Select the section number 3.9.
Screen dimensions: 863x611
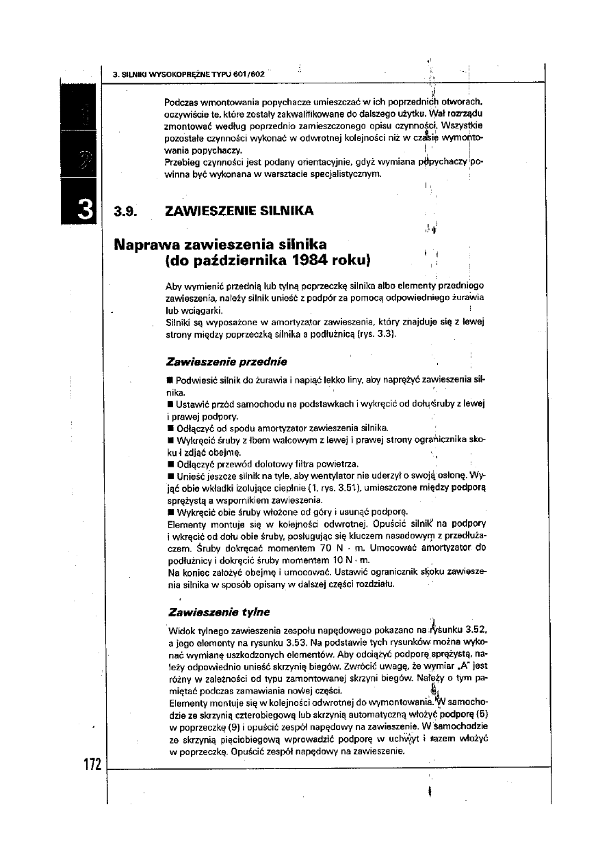point(127,210)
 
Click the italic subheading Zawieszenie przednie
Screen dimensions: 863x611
point(226,361)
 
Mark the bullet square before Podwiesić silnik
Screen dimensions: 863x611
point(170,379)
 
